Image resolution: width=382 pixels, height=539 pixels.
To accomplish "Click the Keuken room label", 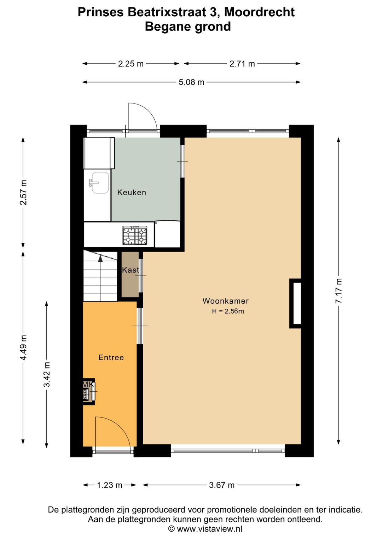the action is tap(132, 192).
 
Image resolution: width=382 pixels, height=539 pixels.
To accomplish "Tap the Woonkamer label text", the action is tap(225, 301).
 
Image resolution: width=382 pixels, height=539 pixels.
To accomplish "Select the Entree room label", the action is tap(111, 357).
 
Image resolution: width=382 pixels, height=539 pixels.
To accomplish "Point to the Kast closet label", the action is tap(131, 270).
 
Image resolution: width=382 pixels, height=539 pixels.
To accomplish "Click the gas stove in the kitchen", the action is tap(135, 235).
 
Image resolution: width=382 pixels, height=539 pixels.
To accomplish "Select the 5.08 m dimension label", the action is tap(191, 82).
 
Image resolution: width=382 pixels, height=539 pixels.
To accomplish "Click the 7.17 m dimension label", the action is tap(338, 291).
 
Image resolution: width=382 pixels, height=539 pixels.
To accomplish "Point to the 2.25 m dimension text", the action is tap(131, 64).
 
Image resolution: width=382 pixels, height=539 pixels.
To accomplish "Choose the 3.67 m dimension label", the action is tap(222, 485).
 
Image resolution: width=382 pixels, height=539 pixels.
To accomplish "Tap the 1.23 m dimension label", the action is tap(109, 485).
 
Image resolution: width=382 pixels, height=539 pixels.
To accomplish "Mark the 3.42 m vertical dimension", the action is tap(47, 374).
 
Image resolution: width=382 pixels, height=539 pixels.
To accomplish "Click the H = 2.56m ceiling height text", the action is tap(228, 311).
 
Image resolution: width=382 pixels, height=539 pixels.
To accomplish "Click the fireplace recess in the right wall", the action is tap(295, 303).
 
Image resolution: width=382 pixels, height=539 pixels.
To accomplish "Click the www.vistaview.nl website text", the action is tap(209, 529).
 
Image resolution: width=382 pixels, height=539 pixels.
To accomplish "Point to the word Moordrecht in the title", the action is tap(259, 12).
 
